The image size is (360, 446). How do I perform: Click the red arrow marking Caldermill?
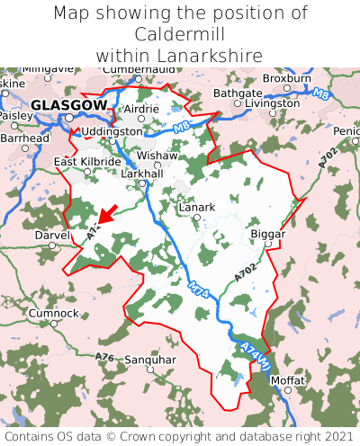106,214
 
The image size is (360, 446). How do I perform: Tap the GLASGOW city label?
68,105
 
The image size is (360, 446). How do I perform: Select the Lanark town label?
197,207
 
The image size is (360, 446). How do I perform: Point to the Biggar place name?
267,234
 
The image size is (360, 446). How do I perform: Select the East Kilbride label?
87,162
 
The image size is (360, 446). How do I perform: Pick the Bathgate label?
238,93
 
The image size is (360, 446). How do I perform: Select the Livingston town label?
273,103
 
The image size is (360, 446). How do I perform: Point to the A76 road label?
104,358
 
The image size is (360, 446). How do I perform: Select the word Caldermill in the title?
180,34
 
